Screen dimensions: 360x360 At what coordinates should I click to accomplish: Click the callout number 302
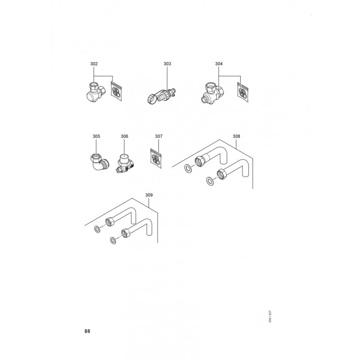tap(94, 64)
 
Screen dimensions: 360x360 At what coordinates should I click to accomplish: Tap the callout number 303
tap(167, 64)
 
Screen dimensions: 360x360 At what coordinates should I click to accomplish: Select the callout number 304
tap(219, 64)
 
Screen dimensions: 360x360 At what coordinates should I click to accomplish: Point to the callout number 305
tap(96, 136)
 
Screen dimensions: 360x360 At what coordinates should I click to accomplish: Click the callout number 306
tap(124, 136)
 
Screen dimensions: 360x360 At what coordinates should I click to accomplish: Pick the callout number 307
tap(159, 136)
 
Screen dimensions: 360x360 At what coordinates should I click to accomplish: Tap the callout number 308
tap(236, 136)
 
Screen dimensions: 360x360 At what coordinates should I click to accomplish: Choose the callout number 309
tap(149, 195)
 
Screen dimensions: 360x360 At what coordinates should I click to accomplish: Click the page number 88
tap(87, 331)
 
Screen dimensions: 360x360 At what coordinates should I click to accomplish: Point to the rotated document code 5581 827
tap(270, 316)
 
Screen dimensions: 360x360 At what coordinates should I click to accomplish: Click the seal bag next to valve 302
tap(116, 91)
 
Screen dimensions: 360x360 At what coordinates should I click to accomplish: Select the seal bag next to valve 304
tap(243, 92)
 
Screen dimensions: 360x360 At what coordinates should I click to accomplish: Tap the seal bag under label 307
tap(156, 158)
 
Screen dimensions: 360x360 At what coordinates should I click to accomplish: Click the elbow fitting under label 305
tap(99, 162)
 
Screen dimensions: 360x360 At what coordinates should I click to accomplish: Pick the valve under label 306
tap(125, 163)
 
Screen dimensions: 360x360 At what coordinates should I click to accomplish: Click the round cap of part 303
tap(152, 99)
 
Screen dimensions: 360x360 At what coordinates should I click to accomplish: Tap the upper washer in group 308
tap(189, 168)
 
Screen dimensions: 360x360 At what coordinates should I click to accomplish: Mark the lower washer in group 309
tap(113, 240)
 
